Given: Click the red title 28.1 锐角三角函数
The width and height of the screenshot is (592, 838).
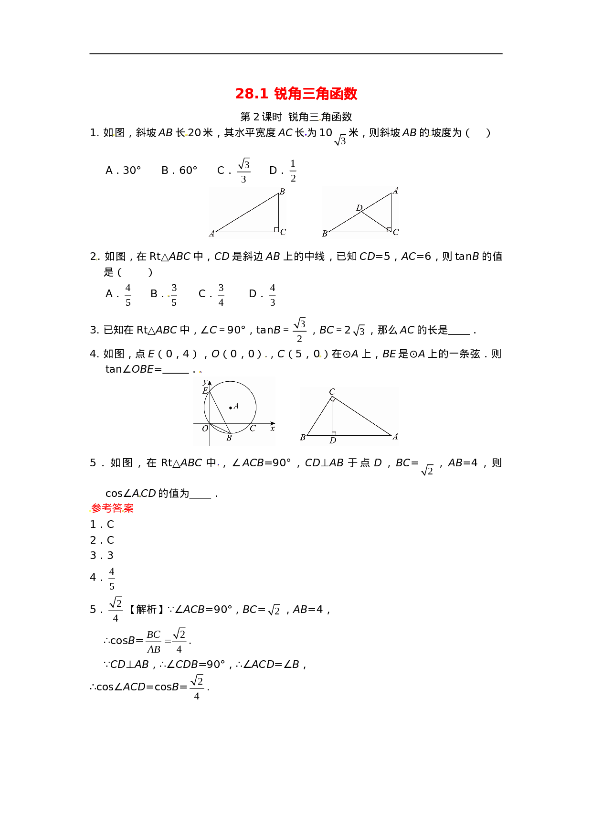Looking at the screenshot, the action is tap(296, 94).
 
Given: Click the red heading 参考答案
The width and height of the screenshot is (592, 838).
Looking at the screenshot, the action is tap(112, 508).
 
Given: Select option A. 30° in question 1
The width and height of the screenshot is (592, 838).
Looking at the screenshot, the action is tap(123, 171).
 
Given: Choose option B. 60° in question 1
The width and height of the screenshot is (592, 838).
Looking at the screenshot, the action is tap(180, 171).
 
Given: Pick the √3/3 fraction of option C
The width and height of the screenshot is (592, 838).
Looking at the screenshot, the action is tap(243, 171).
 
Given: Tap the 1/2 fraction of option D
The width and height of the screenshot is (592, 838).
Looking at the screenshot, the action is tap(293, 171).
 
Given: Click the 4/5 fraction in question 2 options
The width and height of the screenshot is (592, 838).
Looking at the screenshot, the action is tap(128, 295).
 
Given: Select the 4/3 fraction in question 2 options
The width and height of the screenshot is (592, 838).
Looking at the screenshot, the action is tap(273, 295).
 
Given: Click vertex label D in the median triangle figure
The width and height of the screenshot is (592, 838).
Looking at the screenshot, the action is tap(359, 208).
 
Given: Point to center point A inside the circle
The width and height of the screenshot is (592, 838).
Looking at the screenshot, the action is tap(231, 408).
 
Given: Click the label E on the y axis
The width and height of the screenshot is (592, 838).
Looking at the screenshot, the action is tap(205, 391).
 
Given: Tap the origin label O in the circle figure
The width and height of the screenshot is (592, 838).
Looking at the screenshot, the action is tap(205, 429).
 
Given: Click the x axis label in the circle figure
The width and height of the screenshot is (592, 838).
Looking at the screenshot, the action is tap(273, 429).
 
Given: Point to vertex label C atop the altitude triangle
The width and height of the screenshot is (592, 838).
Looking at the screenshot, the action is tap(332, 392).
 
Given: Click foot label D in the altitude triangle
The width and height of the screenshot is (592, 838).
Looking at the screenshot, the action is tap(333, 440).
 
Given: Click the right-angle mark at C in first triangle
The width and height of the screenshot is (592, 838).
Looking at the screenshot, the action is tap(276, 230).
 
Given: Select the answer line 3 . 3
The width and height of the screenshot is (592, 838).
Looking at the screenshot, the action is tap(102, 556).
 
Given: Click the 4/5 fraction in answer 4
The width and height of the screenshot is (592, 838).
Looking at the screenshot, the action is tap(112, 579).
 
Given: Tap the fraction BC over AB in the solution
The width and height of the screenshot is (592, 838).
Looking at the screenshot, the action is tap(154, 642).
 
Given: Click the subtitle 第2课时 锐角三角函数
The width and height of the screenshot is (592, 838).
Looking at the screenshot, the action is tap(296, 117).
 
